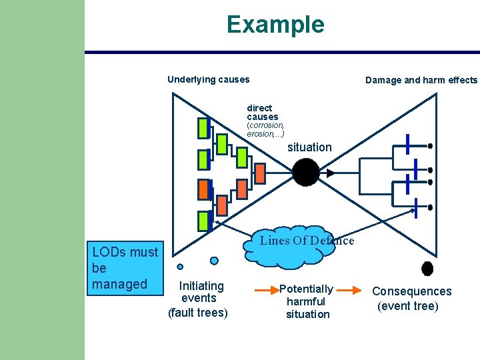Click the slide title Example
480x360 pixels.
coord(275,25)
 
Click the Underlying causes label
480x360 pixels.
coord(208,79)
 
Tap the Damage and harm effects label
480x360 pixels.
coord(421,80)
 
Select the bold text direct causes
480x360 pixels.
coord(262,112)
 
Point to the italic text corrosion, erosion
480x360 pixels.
coord(265,129)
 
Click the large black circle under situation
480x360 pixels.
coord(306,172)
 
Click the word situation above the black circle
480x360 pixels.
coord(309,147)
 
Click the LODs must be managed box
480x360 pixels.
coord(126,268)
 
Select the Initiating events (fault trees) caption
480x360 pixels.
coord(198,299)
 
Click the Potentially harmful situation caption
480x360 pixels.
coord(307,301)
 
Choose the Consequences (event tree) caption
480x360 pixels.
coord(411,299)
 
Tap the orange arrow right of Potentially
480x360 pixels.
coord(353,291)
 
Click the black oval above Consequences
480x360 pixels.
coord(427,268)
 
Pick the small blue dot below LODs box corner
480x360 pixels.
coord(180,267)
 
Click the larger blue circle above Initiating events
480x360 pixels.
coord(214,261)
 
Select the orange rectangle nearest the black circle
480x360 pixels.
coord(261,173)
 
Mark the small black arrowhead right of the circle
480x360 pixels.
coord(330,173)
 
